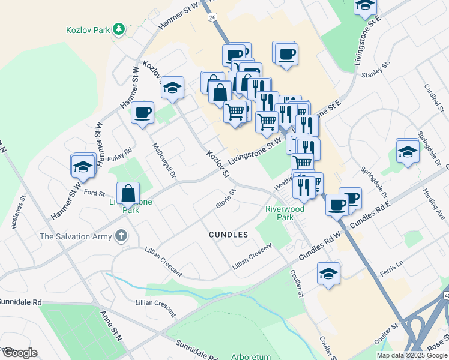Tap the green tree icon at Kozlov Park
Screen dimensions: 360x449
point(119,28)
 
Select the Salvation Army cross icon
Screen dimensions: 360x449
point(121,236)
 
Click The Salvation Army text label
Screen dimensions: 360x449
point(76,236)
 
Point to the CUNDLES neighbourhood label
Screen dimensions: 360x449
point(228,235)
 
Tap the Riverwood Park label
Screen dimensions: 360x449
point(285,214)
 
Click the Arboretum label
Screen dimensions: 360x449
point(251,356)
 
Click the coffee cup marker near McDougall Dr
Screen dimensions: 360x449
point(143,113)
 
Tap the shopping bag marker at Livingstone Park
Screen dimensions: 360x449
point(128,193)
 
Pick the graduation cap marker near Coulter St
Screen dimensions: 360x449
point(328,274)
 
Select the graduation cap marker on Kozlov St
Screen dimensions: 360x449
point(172,88)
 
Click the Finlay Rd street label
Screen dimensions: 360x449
point(119,155)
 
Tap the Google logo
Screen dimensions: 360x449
point(19,353)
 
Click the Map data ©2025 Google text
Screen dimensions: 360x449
point(412,355)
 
